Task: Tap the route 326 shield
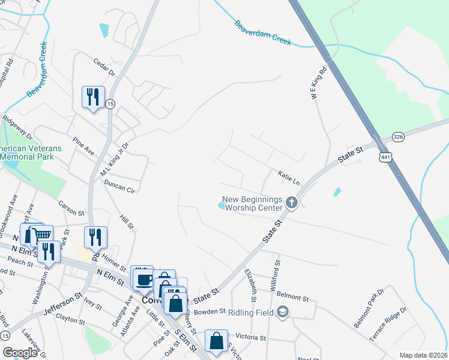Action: (x=397, y=137)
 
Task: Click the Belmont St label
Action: (x=293, y=297)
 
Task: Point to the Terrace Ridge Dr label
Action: (x=388, y=325)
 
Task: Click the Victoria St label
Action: (x=251, y=338)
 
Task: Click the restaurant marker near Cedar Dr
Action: (x=93, y=97)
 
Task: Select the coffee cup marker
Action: (x=145, y=279)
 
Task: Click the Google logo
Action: (x=20, y=353)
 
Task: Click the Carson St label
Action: (x=71, y=208)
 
